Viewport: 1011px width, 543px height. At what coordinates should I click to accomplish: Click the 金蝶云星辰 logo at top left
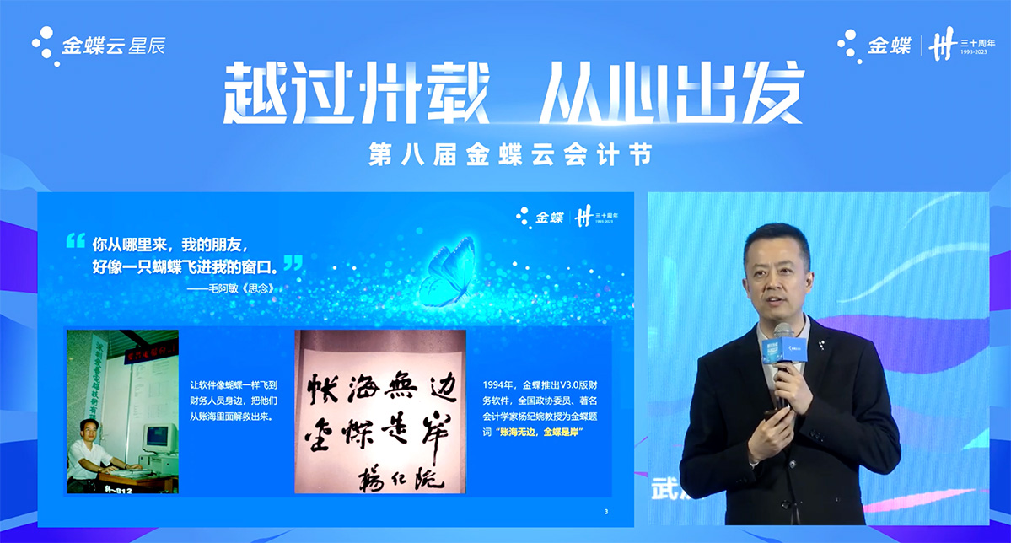pos(98,44)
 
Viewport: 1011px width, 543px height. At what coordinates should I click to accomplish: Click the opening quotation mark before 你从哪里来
pos(76,242)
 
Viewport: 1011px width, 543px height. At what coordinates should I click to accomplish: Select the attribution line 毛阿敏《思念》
pos(231,288)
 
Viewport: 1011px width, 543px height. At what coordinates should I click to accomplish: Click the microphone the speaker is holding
pos(784,354)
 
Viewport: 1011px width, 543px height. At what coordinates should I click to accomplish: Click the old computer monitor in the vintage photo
pos(160,438)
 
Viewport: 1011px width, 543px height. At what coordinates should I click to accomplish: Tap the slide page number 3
pos(606,512)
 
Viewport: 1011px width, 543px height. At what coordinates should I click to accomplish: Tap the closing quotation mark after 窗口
pos(293,263)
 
